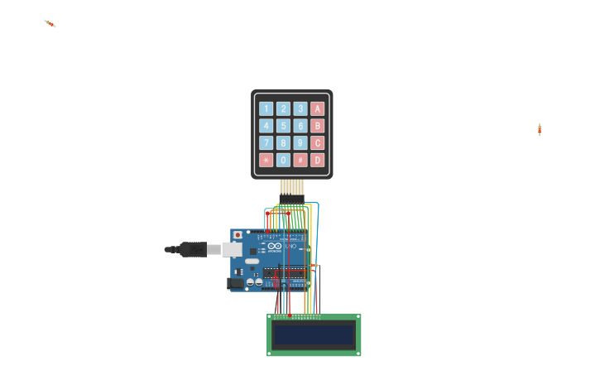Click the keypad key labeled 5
coord(283,126)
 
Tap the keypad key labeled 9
coord(300,143)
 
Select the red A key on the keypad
coord(317,108)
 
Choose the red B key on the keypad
coord(317,126)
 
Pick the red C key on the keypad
coord(317,143)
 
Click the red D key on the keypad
coord(317,161)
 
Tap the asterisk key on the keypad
coord(266,161)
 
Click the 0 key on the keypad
coord(283,161)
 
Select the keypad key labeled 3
coord(300,108)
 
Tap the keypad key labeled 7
coord(266,143)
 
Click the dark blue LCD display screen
coord(314,334)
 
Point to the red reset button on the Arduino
coord(238,235)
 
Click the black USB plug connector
coord(192,249)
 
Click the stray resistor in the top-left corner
coord(50,23)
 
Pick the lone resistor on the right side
coord(540,129)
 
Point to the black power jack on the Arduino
coord(236,283)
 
